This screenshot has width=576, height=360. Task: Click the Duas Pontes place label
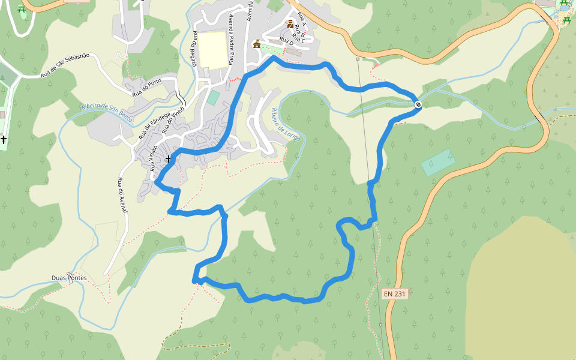click(x=69, y=278)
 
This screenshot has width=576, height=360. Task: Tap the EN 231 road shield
click(x=395, y=294)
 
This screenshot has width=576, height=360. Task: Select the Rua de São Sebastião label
click(x=65, y=65)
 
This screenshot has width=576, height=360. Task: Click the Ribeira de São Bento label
click(x=107, y=112)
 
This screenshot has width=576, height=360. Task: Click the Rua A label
click(x=301, y=21)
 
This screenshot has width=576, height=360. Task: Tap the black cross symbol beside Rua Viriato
click(x=168, y=159)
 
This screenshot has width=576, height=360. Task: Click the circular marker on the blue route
click(x=418, y=105)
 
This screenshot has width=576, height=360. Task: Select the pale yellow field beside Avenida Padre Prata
click(x=213, y=50)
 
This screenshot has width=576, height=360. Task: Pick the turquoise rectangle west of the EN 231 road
click(x=438, y=162)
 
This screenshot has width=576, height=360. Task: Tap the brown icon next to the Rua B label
click(x=290, y=25)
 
